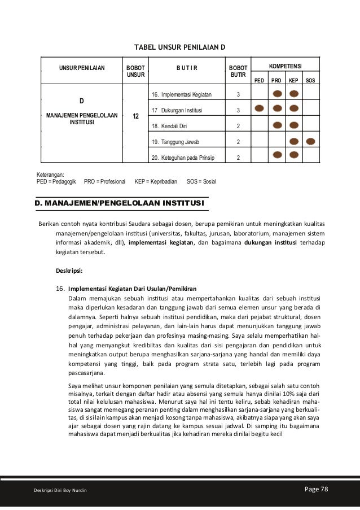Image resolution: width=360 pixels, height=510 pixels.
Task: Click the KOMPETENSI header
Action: coord(284,67)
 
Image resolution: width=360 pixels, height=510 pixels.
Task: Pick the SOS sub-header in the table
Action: coord(310,81)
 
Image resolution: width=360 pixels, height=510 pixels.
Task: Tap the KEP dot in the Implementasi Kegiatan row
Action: coord(293,93)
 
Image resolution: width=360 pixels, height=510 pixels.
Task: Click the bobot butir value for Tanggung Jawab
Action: coord(238,141)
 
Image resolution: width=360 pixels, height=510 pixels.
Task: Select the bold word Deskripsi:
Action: coord(69,270)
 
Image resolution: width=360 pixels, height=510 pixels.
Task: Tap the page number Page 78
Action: coord(315,489)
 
